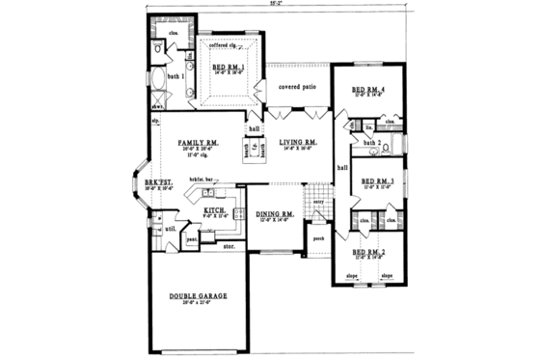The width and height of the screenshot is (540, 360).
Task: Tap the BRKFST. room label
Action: point(158,184)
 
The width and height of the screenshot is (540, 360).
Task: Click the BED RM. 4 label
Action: point(369,91)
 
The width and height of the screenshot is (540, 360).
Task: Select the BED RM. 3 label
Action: point(371,180)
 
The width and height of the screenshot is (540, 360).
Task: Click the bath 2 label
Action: point(371,142)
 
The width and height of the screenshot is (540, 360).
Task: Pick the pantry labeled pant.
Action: point(192,235)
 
